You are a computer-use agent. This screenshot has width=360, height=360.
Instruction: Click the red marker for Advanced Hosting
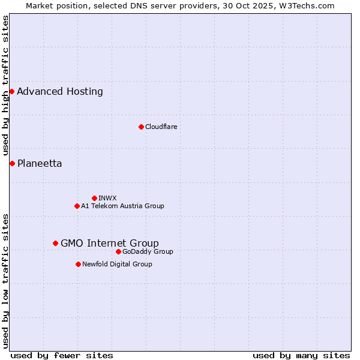point(11,91)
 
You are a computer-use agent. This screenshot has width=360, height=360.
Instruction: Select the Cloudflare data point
point(141,127)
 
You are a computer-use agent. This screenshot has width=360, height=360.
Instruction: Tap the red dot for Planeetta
point(12,163)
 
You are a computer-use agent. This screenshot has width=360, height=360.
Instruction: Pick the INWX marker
point(94,198)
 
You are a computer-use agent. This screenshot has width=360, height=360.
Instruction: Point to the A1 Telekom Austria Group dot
point(77,206)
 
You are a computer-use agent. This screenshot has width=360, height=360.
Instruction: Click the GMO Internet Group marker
point(55,243)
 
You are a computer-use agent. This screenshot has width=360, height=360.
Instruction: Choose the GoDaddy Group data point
point(118,251)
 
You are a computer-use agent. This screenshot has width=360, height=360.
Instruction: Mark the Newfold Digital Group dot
point(78,264)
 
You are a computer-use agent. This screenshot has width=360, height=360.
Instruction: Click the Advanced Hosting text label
point(60,92)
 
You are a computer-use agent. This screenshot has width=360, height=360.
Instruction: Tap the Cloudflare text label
point(161,127)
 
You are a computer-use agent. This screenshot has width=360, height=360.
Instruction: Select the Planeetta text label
point(40,164)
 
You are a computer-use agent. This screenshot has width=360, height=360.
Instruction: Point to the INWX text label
point(107,198)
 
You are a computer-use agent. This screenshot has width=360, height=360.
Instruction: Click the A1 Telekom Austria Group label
point(122,206)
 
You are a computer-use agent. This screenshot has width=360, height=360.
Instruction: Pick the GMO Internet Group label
point(110,243)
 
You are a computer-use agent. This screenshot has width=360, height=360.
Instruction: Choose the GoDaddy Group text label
point(148,251)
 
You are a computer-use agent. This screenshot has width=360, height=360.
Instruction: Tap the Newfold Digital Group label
point(117,264)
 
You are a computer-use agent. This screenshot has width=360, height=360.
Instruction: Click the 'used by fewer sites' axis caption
point(62,355)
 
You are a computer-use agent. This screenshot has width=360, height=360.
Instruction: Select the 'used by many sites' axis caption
point(301,355)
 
